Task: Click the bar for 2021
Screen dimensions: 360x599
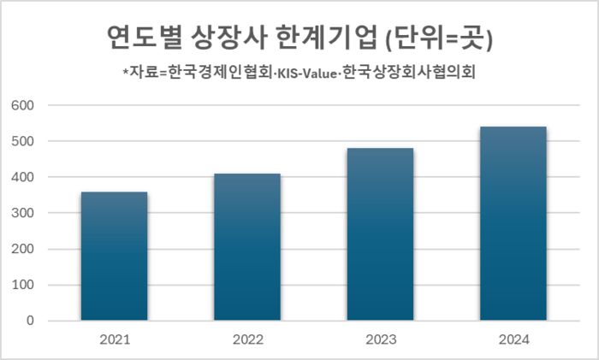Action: point(115,257)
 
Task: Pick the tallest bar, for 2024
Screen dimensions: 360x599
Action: point(513,223)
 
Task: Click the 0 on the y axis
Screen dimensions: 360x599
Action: point(29,321)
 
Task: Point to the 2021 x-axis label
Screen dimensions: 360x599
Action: point(115,340)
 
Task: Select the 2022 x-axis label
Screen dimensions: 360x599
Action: point(247,340)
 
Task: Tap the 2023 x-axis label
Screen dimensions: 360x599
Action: point(380,340)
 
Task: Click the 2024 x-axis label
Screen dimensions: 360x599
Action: point(513,340)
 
